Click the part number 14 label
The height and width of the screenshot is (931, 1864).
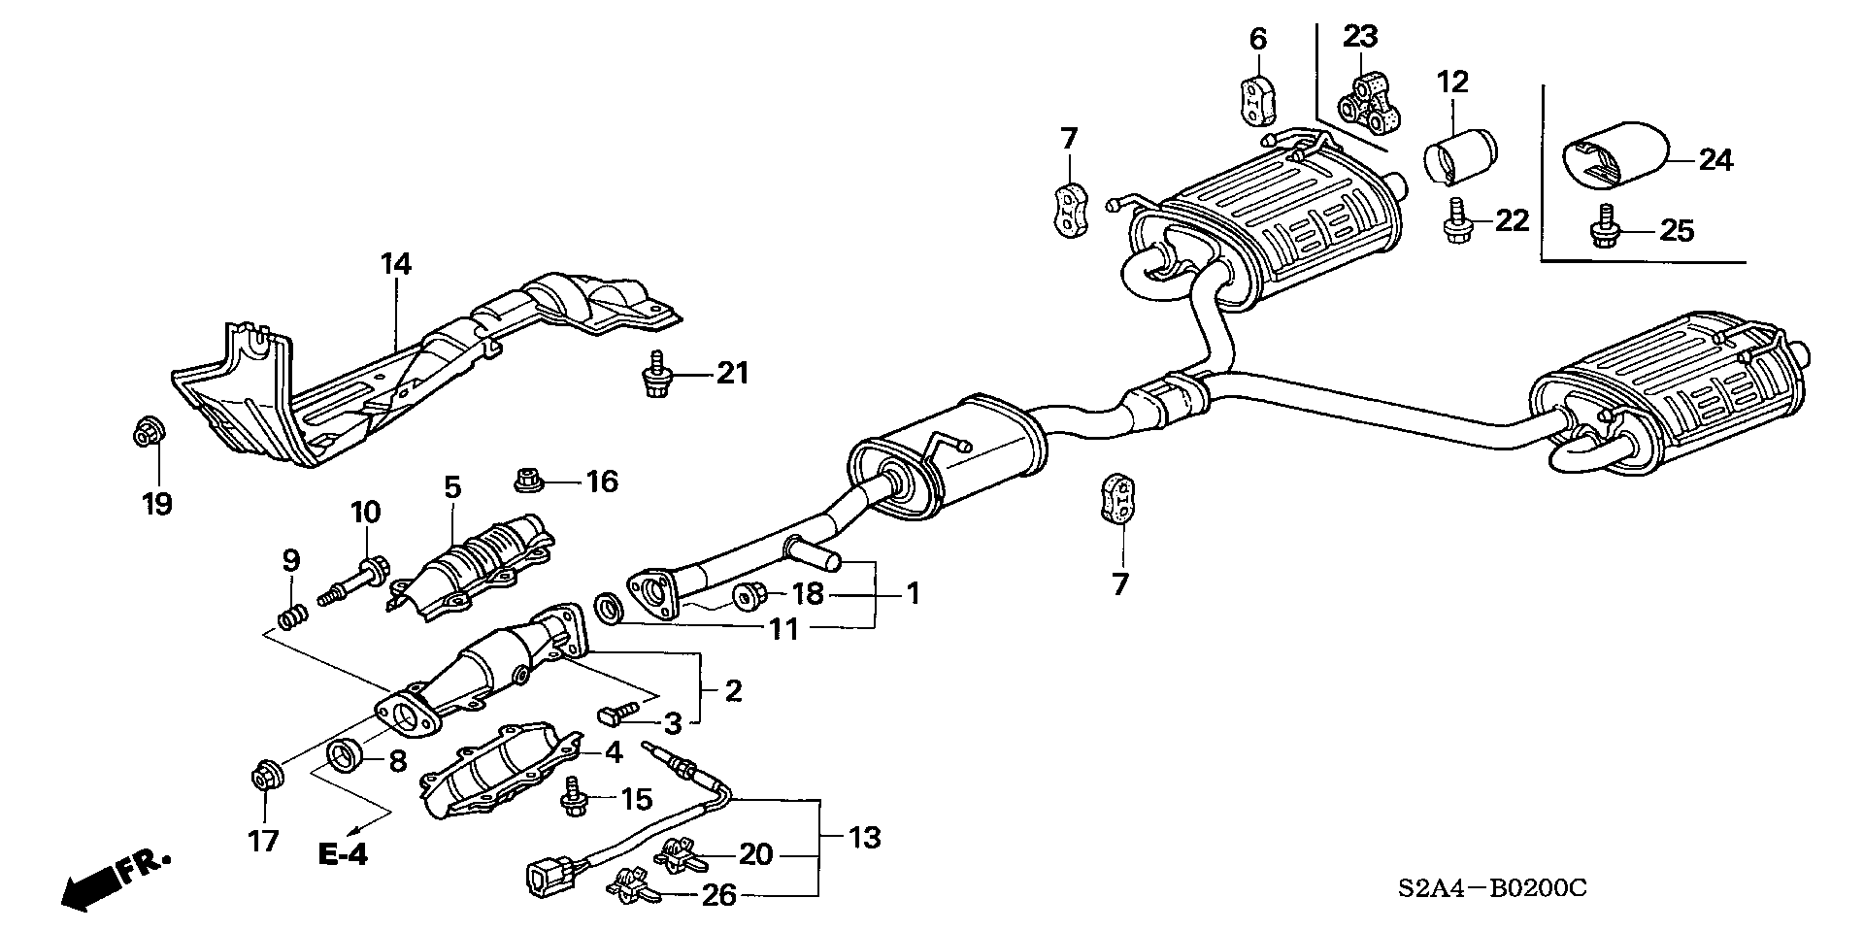(396, 264)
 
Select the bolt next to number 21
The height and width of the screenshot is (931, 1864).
(658, 374)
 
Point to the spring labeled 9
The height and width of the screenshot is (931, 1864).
(293, 615)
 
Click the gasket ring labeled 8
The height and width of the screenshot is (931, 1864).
(347, 754)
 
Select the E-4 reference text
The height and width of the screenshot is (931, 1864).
(343, 854)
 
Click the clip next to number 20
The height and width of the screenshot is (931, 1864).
(681, 855)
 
